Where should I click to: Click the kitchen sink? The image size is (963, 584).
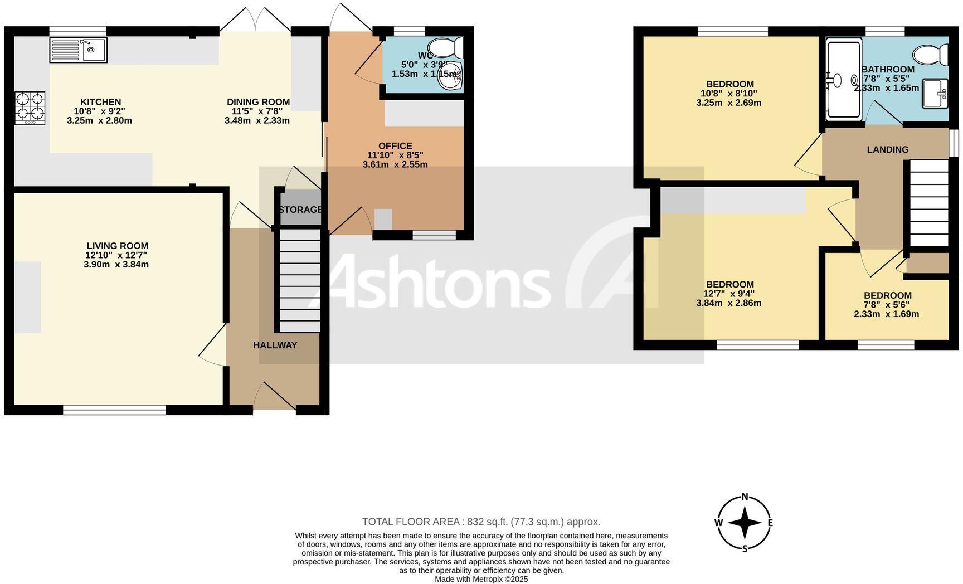pos(78,50)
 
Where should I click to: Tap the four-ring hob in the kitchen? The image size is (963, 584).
pos(30,108)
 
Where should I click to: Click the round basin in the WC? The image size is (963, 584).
pos(450,77)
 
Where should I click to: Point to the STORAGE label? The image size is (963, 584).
pos(300,210)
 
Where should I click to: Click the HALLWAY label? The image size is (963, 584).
pos(275,345)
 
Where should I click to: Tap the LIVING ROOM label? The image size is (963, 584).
pos(118,246)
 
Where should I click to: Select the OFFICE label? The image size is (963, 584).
pos(395,146)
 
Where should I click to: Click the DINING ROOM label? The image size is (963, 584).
pos(258,102)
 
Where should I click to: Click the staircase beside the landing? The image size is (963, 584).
pos(929,203)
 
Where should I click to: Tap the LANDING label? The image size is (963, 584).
pos(888,149)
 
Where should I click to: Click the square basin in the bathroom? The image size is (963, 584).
pos(935,94)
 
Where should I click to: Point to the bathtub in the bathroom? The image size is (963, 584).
pos(843,80)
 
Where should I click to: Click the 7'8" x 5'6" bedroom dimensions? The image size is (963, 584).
pos(887,305)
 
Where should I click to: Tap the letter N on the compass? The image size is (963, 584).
pos(745,497)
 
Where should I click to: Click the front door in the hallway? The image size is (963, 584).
pos(275,397)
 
